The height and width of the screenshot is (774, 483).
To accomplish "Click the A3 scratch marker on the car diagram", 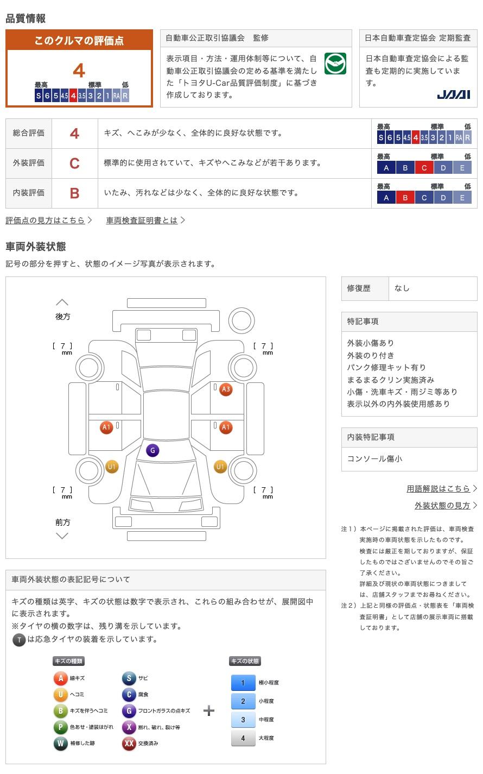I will (x=226, y=389).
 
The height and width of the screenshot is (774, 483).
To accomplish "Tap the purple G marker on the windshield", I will (x=152, y=450).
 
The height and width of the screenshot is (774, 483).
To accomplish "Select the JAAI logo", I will (x=453, y=95).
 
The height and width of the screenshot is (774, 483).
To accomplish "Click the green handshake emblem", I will (x=335, y=64).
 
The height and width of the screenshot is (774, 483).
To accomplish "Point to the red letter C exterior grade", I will (x=74, y=163).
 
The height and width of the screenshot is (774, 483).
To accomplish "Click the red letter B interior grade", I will (x=74, y=193).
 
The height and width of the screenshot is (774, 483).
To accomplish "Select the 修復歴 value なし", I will (x=402, y=288).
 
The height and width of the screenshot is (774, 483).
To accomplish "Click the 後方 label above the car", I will (x=62, y=316).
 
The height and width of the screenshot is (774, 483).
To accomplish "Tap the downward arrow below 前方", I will (x=62, y=536).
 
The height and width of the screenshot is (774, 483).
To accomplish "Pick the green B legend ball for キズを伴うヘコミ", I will (x=60, y=711).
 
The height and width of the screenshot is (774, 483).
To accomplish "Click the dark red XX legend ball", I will (x=129, y=744).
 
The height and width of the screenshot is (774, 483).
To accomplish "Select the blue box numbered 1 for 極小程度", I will (x=243, y=683).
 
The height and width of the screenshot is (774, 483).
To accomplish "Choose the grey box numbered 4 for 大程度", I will (x=243, y=738).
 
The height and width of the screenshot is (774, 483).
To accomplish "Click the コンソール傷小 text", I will (x=374, y=458).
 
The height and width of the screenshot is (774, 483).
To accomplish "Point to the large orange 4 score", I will (x=79, y=71).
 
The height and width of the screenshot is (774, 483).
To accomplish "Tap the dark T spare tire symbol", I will (x=19, y=640).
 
